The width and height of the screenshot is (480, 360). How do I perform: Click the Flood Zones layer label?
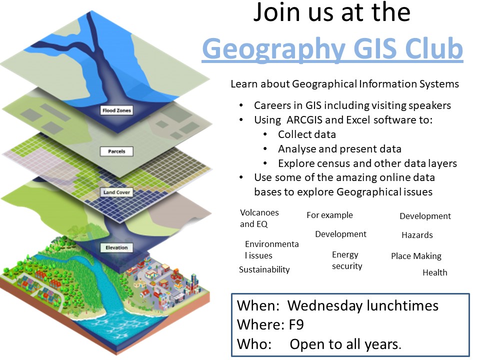point(116,110)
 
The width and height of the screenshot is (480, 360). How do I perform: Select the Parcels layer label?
point(116,151)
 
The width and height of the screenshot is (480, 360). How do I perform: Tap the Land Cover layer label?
point(116,192)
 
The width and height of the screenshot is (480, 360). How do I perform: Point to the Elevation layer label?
point(116,247)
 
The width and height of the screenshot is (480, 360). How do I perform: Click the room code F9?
point(296,325)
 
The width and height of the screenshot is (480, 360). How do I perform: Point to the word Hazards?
point(417,235)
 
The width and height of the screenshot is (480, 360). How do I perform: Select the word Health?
point(434,272)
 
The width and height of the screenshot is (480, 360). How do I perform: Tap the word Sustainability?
point(264,269)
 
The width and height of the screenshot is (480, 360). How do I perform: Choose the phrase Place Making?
point(416,256)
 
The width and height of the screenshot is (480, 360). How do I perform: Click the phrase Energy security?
point(347,260)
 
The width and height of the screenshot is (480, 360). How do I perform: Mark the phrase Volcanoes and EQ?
point(259,218)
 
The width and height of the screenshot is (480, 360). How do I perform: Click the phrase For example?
point(329,215)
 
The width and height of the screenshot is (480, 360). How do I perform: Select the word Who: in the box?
point(254,344)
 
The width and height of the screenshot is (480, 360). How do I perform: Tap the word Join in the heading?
point(277,13)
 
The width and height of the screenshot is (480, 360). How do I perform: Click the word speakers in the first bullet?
point(430,105)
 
